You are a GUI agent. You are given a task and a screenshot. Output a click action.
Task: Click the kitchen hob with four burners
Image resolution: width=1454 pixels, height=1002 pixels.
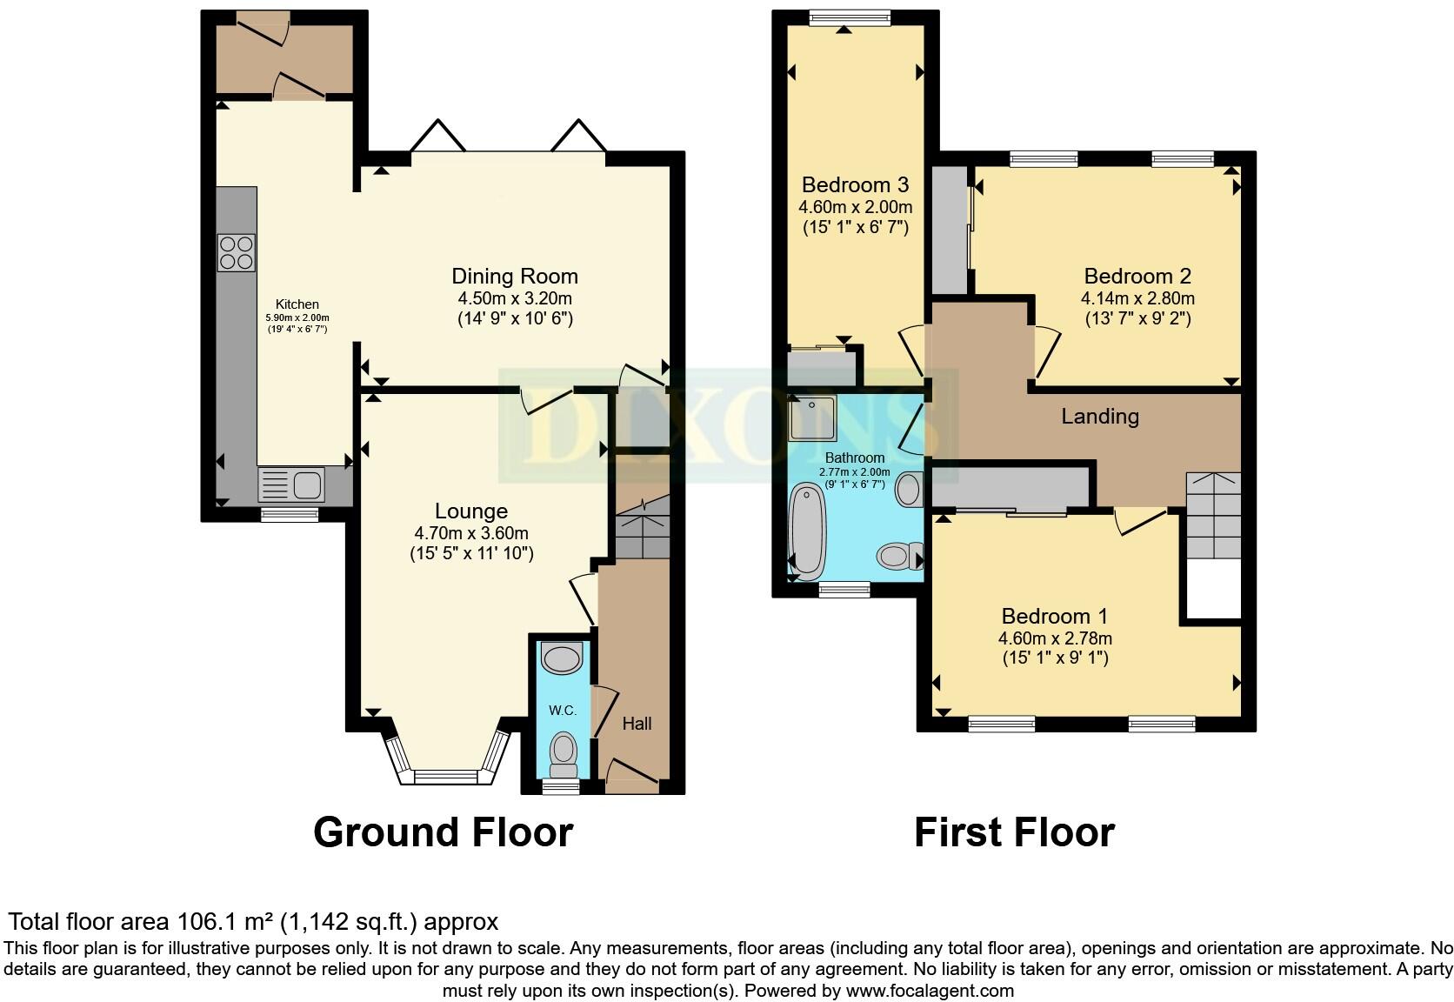(237, 251)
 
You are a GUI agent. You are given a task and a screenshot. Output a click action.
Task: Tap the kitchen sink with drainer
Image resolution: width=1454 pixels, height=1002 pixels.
(291, 484)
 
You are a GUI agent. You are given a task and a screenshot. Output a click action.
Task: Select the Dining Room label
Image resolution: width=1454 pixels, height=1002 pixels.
(514, 277)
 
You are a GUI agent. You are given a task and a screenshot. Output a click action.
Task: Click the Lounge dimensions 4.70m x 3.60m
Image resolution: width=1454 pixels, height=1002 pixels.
(471, 533)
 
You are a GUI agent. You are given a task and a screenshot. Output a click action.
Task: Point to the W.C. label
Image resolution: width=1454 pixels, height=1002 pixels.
(563, 711)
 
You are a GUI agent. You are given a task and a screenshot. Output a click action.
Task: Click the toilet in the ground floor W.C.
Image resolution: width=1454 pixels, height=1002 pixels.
(564, 753)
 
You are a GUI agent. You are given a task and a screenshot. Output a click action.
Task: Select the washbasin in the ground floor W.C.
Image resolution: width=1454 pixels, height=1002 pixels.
(560, 658)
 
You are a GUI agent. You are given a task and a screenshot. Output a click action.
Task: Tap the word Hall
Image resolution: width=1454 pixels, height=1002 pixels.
(637, 724)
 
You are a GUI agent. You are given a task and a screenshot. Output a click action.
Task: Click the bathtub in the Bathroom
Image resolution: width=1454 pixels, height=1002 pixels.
(809, 531)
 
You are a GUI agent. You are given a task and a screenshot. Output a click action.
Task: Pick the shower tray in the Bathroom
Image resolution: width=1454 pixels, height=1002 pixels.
(812, 418)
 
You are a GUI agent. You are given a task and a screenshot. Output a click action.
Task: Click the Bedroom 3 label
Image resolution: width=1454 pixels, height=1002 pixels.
(855, 184)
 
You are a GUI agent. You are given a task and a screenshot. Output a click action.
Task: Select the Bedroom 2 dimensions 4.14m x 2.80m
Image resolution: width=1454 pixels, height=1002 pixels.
(1137, 298)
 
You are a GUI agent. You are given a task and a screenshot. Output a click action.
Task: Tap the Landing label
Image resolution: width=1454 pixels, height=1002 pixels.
(1099, 417)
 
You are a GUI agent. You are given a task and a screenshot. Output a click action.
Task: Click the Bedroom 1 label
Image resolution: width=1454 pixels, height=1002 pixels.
(1054, 617)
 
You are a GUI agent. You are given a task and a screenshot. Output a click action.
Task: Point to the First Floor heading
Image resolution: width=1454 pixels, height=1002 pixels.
(1014, 832)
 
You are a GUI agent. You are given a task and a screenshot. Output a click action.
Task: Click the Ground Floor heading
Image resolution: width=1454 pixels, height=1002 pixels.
(443, 832)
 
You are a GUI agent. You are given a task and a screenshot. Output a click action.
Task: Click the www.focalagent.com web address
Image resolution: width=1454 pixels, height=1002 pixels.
(929, 991)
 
